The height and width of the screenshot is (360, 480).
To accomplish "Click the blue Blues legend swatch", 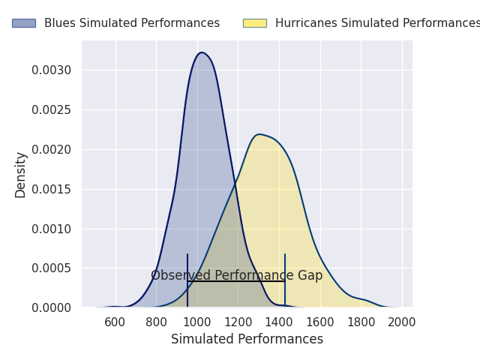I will (x=24, y=23).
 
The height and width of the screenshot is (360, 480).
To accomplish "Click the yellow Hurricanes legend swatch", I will (x=254, y=23).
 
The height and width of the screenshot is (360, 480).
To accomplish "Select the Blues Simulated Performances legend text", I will (x=132, y=23).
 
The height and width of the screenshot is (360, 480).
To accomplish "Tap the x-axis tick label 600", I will (x=115, y=322).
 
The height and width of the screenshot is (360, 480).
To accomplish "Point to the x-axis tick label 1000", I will (x=197, y=322).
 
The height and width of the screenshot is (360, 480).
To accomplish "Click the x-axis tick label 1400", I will (x=279, y=322).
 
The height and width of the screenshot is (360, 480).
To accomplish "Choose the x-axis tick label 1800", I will (x=361, y=322).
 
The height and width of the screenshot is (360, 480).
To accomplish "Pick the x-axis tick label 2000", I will (x=402, y=322).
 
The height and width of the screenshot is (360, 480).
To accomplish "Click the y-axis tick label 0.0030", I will (x=52, y=70).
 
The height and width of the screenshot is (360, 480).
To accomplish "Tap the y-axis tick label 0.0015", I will (x=52, y=189).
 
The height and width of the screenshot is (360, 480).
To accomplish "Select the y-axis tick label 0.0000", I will (x=52, y=307).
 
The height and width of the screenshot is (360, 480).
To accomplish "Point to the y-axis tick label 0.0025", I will (x=52, y=110).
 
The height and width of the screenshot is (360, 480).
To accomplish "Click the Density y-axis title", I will (x=21, y=174).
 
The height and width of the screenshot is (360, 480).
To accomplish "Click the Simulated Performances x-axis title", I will (x=247, y=339).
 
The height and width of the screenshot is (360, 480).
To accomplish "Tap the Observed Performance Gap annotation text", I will (x=236, y=275).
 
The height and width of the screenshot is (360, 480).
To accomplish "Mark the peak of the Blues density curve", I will (x=201, y=52).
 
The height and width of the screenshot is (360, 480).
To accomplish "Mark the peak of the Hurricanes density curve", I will (x=258, y=134).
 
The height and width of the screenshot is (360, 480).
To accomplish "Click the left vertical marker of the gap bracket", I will (x=187, y=280).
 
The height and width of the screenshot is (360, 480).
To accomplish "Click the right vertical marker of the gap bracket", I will (x=285, y=280).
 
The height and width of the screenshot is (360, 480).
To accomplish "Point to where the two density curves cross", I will (x=235, y=183).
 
